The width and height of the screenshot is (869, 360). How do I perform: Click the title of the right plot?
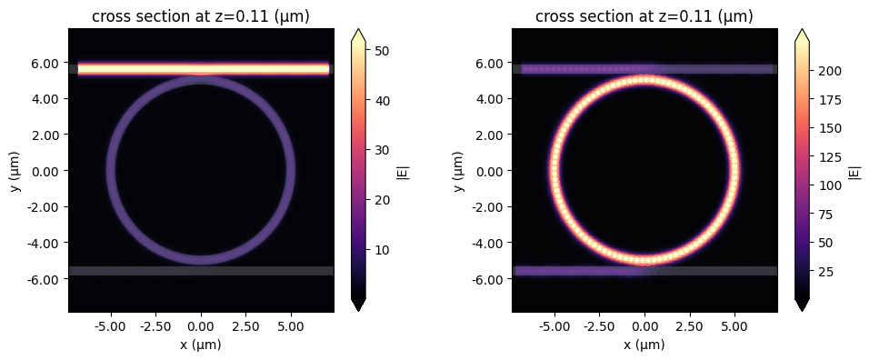[644, 17]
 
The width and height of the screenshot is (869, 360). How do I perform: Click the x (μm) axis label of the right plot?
[644, 345]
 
